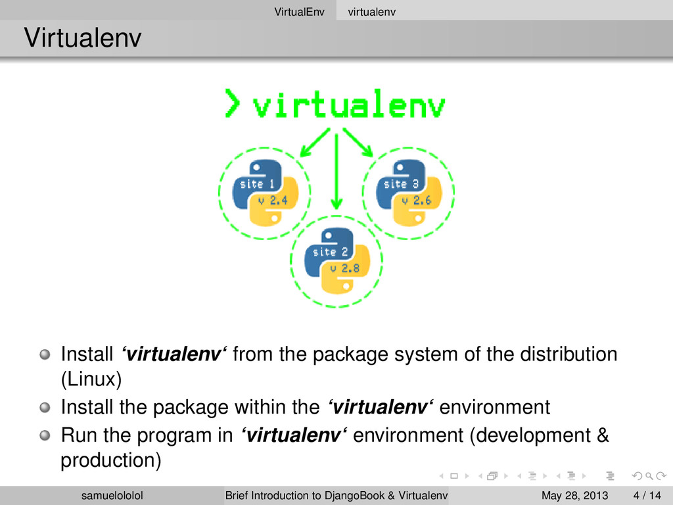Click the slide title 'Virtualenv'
click(x=82, y=39)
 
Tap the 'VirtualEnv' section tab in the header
click(x=300, y=10)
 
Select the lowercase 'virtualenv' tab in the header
click(x=371, y=10)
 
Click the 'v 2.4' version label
click(x=273, y=201)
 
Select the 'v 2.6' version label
click(x=417, y=201)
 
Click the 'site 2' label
click(x=325, y=252)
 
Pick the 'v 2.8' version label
click(x=345, y=268)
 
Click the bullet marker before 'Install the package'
click(x=44, y=408)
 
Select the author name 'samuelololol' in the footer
click(x=111, y=494)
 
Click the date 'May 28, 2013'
click(x=575, y=494)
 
